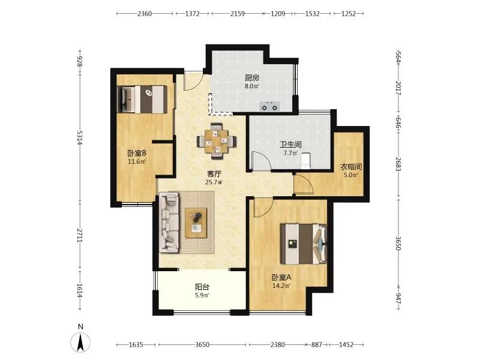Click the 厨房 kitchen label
point(251,78)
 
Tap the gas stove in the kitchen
point(269,106)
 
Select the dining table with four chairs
point(217,141)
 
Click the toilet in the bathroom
point(306,161)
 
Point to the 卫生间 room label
point(290,145)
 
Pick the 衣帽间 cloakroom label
point(351,167)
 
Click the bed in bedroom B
point(142,99)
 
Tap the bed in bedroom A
point(304,244)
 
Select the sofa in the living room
point(169,223)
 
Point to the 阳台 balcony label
point(202,287)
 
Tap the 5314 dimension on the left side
point(80,138)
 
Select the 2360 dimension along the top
point(145,14)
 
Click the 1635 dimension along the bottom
point(136,345)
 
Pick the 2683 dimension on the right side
point(398,164)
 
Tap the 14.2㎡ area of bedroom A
point(281,286)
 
